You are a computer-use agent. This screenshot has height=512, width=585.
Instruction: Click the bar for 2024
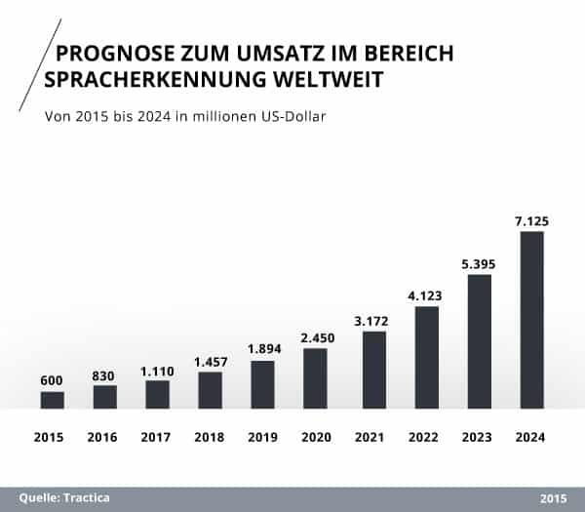pos(531,320)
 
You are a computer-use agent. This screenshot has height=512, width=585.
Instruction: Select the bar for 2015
pos(53,400)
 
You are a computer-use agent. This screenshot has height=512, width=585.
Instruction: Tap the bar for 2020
pos(316,378)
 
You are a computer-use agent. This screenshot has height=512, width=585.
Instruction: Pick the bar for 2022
pos(426,357)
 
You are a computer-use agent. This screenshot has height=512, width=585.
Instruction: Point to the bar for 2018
pos(210,390)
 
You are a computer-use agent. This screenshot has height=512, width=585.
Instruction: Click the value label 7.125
pos(531,221)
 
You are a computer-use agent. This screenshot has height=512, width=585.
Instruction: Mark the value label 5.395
pos(479,264)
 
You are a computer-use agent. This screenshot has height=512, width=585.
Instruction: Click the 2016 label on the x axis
pos(105,438)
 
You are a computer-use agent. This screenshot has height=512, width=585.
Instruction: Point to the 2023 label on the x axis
pos(479,438)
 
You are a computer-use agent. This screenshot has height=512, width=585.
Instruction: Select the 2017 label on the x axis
pos(158,438)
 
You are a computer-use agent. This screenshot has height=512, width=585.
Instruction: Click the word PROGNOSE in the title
pos(105,53)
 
